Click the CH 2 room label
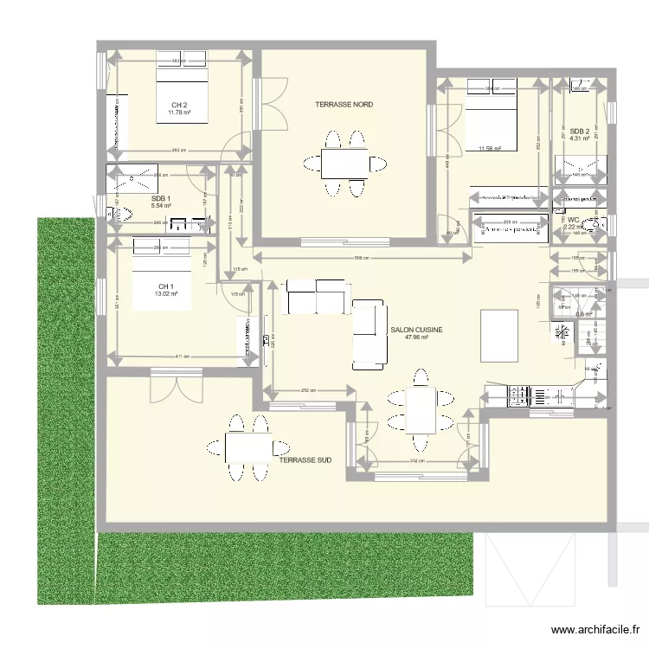pos(179,105)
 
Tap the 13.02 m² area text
pos(165,294)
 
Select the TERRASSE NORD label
pos(344,105)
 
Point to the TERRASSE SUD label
pos(305,461)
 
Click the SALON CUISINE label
pos(417,330)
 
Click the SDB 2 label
pos(580,131)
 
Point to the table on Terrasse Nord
pos(344,162)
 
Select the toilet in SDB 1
pos(119,213)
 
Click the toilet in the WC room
pos(595,227)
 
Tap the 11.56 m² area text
pos(491,148)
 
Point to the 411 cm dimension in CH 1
pos(179,357)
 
